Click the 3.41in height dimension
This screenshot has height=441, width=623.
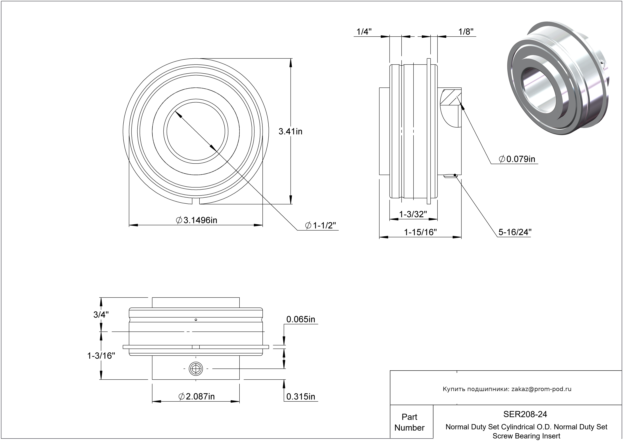(x=290, y=132)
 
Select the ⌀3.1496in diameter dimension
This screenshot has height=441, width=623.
(x=196, y=220)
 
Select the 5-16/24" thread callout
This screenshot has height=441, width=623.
(x=515, y=232)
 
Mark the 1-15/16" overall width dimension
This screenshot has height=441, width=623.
(x=420, y=232)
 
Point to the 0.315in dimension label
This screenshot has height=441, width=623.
(x=301, y=397)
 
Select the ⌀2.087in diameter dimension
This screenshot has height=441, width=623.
(x=196, y=397)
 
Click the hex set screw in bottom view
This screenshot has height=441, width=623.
(x=196, y=369)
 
